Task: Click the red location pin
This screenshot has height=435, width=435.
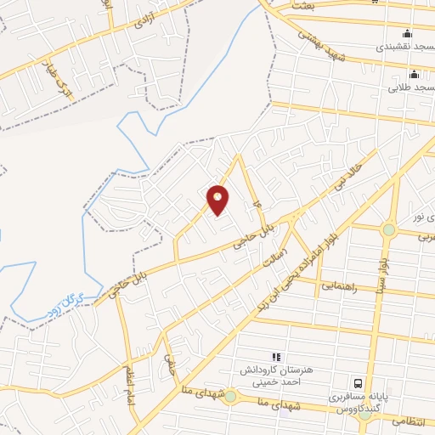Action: [x=218, y=199]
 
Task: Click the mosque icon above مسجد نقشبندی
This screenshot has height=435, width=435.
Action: [x=407, y=33]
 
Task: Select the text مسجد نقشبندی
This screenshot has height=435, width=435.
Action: [x=406, y=46]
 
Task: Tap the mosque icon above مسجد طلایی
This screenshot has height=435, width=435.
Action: [x=414, y=74]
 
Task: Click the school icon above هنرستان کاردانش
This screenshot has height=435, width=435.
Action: [x=274, y=357]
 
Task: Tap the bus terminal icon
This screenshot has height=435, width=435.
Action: [x=359, y=383]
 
